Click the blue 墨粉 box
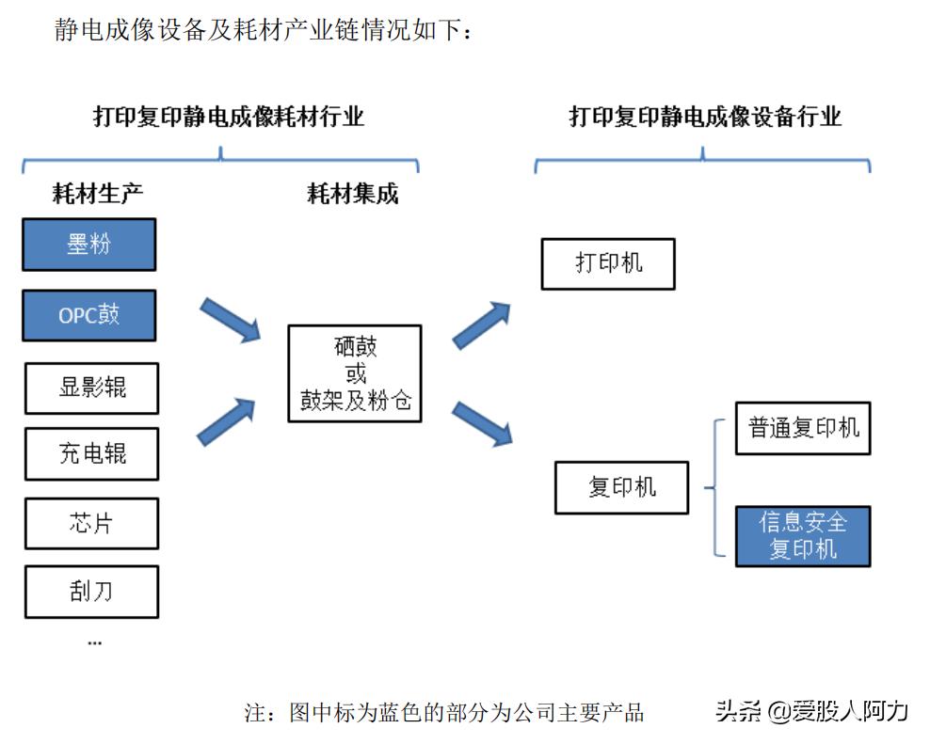(x=89, y=245)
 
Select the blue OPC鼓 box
(x=89, y=315)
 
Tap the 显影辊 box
(x=91, y=388)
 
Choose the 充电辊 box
(x=91, y=454)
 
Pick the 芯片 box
(x=91, y=523)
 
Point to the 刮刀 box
(x=91, y=592)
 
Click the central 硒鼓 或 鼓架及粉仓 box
(x=355, y=373)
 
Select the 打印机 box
(x=608, y=263)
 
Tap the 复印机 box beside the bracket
(x=621, y=487)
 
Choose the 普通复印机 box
(x=803, y=429)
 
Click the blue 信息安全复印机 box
(x=803, y=536)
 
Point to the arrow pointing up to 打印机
(x=481, y=325)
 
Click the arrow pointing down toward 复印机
(x=481, y=422)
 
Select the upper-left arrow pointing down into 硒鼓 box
(x=230, y=319)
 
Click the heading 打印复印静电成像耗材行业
(x=229, y=117)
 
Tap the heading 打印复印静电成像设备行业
(x=705, y=117)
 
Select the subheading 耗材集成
(x=353, y=195)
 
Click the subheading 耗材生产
(x=98, y=195)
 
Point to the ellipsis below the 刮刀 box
(x=94, y=641)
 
